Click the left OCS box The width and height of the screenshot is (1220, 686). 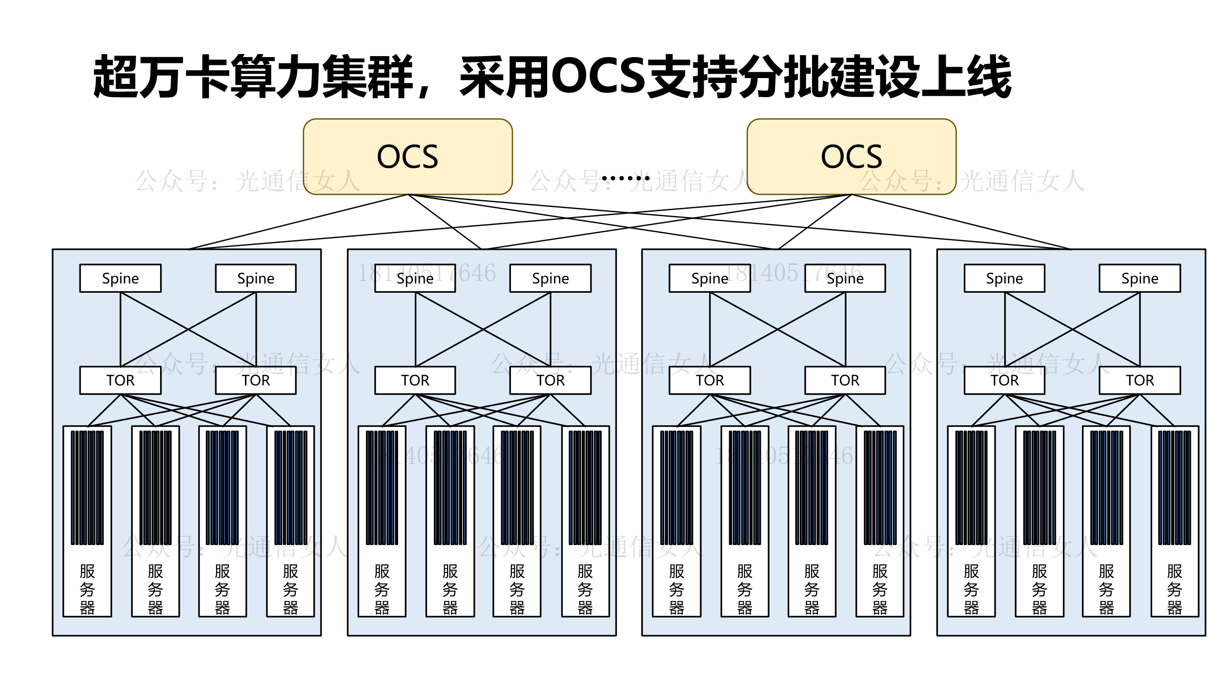pyautogui.click(x=407, y=157)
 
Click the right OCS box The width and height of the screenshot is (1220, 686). pyautogui.click(x=851, y=157)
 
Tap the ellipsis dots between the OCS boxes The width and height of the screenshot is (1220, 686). pyautogui.click(x=626, y=178)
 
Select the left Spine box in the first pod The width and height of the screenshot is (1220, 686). pyautogui.click(x=120, y=278)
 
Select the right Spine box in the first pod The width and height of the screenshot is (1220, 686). pyautogui.click(x=256, y=278)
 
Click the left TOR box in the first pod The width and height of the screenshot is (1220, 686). pyautogui.click(x=120, y=380)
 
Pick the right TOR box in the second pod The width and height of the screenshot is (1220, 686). pyautogui.click(x=550, y=380)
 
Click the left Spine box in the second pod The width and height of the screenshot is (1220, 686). pyautogui.click(x=415, y=278)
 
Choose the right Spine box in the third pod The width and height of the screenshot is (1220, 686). pyautogui.click(x=845, y=278)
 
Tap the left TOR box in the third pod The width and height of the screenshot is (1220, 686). pyautogui.click(x=710, y=380)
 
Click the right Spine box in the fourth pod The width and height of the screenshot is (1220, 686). pyautogui.click(x=1139, y=278)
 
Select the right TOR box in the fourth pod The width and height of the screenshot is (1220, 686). pyautogui.click(x=1139, y=380)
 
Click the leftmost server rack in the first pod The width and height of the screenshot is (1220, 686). pyautogui.click(x=87, y=521)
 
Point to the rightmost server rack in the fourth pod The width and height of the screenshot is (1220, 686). pyautogui.click(x=1175, y=521)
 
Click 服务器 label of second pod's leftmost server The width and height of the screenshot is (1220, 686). pyautogui.click(x=382, y=589)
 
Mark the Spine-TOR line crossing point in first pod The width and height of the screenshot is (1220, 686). pyautogui.click(x=188, y=329)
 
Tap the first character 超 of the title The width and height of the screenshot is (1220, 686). pyautogui.click(x=116, y=77)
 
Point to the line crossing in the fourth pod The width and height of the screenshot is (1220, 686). pyautogui.click(x=1073, y=329)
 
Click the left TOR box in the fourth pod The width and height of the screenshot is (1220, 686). pyautogui.click(x=1004, y=380)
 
